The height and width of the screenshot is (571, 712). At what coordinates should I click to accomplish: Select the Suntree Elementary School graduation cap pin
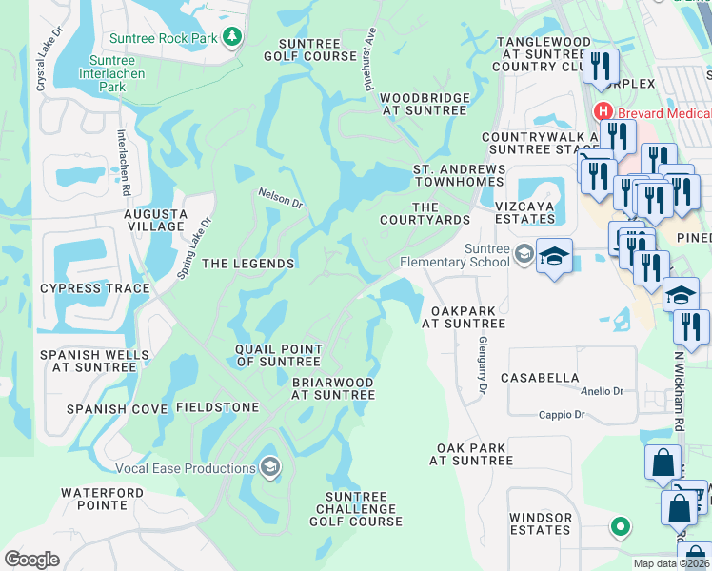coord(554,257)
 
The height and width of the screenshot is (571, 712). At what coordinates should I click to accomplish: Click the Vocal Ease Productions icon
coord(270,467)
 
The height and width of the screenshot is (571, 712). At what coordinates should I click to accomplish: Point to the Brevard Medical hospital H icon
coord(603,111)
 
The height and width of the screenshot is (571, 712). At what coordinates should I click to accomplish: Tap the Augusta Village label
coord(155,220)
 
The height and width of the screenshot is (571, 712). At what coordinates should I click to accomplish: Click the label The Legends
coord(247,264)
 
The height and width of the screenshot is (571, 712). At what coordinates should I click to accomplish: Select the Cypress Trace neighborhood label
coord(94,288)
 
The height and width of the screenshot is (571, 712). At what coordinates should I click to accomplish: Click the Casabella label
coord(545,378)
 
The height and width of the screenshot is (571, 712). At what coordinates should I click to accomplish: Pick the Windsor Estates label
coord(540,523)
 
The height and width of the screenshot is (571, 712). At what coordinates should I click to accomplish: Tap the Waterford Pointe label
coord(102,500)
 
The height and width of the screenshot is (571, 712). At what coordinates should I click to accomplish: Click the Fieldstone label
coord(217,407)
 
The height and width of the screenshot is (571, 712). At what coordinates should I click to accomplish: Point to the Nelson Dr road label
coord(280,198)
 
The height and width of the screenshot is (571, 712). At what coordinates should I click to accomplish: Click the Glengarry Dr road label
coord(483,367)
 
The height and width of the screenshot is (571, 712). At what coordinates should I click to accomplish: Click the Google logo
coord(32,560)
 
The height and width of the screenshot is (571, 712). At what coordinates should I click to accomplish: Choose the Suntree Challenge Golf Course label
coord(357,509)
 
